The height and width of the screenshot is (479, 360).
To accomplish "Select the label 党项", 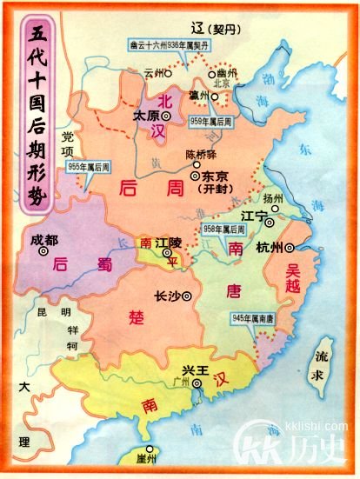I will [x=68, y=141].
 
